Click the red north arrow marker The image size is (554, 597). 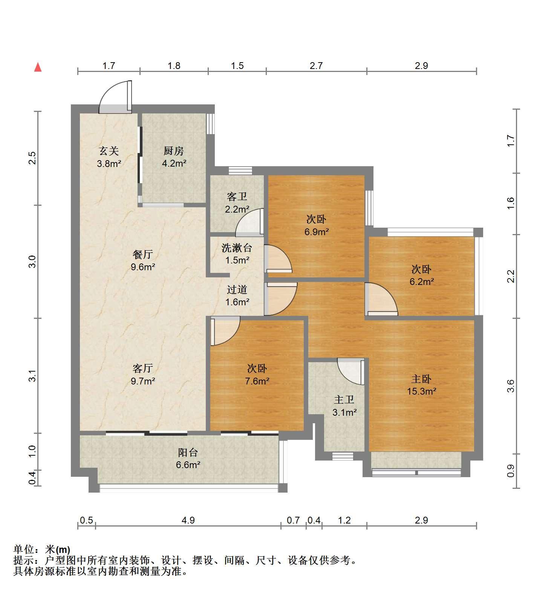tap(38, 67)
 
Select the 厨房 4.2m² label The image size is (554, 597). tap(174, 157)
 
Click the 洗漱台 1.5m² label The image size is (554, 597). tap(237, 254)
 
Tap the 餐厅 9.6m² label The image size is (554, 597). tap(143, 260)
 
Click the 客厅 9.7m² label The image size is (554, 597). tap(143, 374)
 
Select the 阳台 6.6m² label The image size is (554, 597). tap(188, 458)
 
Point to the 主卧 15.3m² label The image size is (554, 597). tap(421, 385)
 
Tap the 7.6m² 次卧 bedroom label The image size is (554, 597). tap(257, 375)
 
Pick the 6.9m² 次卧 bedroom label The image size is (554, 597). tap(316, 225)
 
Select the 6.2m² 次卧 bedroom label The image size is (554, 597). tap(421, 275)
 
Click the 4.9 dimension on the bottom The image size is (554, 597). tap(188, 520)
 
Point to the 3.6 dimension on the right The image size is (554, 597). tap(511, 386)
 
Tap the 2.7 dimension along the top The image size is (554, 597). tap(316, 66)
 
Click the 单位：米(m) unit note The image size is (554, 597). tap(41, 550)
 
